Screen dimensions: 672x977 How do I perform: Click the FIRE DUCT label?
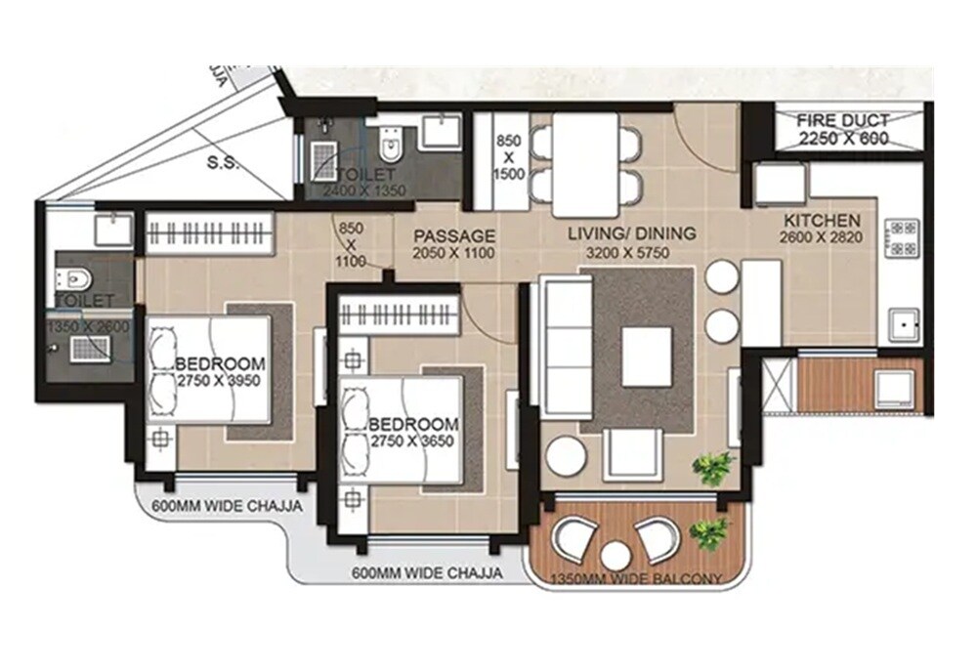[843, 121]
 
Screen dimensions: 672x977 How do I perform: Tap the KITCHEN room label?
[821, 221]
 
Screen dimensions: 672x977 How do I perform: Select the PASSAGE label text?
[453, 236]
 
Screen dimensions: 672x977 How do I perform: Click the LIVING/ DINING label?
[633, 233]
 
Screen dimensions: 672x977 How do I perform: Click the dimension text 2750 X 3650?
[413, 441]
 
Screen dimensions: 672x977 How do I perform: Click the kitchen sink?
[902, 321]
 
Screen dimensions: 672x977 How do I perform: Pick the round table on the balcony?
[615, 556]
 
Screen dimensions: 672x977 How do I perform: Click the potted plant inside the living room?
[713, 466]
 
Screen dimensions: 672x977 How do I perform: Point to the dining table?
[585, 165]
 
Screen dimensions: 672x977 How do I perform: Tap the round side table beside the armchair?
[565, 456]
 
